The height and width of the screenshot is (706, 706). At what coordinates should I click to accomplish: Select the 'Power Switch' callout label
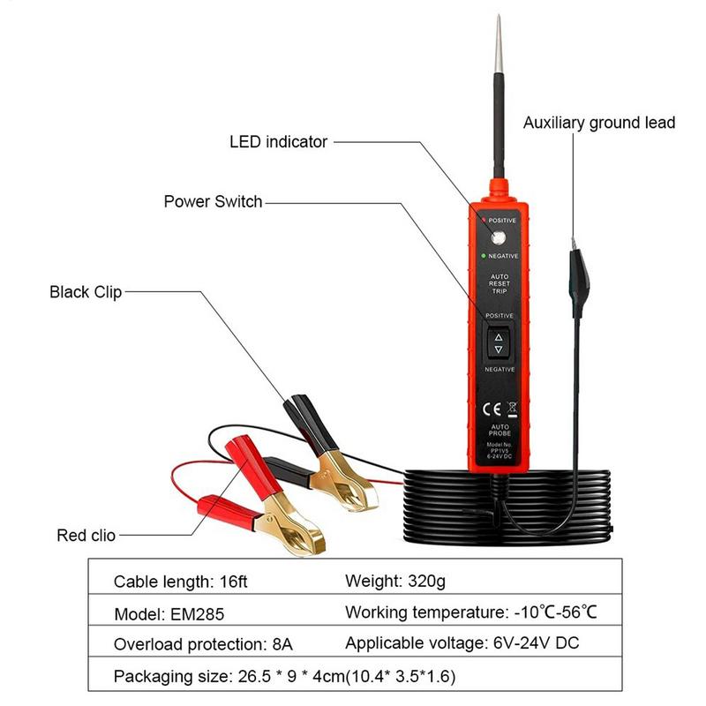pyautogui.click(x=213, y=201)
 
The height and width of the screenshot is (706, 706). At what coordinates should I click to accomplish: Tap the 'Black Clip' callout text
pyautogui.click(x=86, y=292)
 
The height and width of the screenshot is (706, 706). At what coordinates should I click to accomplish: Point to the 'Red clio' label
pyautogui.click(x=86, y=534)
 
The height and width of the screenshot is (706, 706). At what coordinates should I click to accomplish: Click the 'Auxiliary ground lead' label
pyautogui.click(x=599, y=123)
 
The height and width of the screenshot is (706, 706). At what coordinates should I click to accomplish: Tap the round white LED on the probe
pyautogui.click(x=497, y=237)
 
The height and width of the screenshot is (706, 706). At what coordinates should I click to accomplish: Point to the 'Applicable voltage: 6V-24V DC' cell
pyautogui.click(x=462, y=643)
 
